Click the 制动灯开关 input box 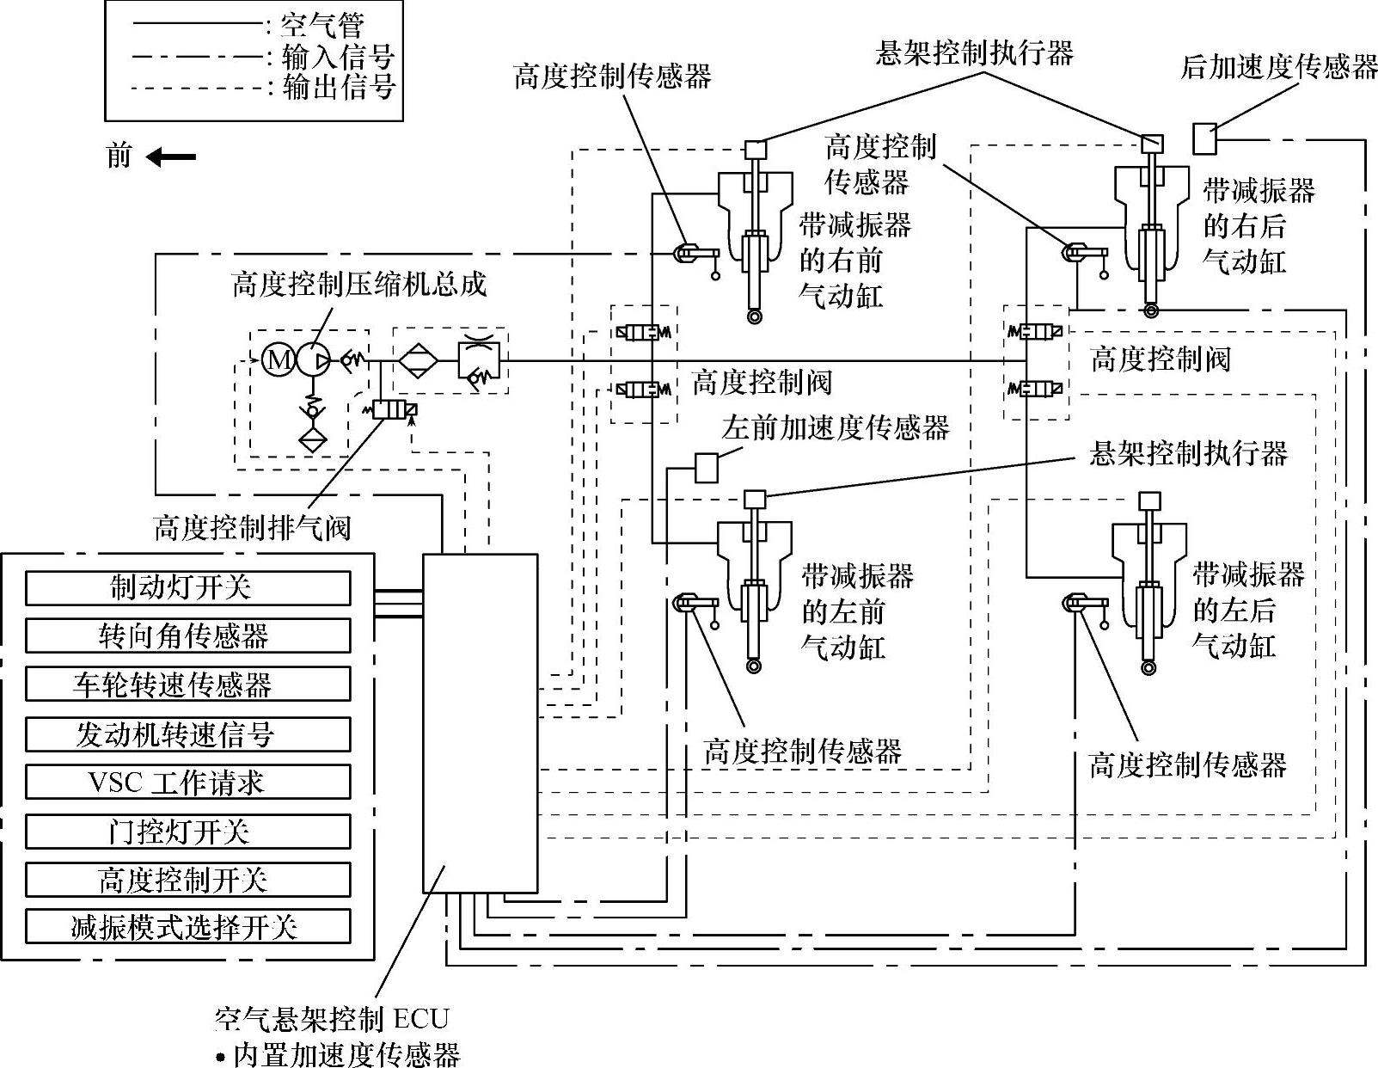point(187,588)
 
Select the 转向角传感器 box point(187,636)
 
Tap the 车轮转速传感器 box point(187,684)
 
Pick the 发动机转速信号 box point(187,734)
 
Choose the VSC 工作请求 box point(187,783)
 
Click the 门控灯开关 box point(187,832)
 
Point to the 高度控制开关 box point(187,880)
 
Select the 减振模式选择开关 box point(187,927)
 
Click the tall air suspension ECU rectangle point(480,722)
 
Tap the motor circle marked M point(278,359)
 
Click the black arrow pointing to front point(171,157)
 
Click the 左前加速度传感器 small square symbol point(706,467)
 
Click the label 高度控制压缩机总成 point(359,285)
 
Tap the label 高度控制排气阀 point(252,527)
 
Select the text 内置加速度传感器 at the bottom point(347,1054)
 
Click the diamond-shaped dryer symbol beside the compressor point(419,360)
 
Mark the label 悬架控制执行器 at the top point(974,53)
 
